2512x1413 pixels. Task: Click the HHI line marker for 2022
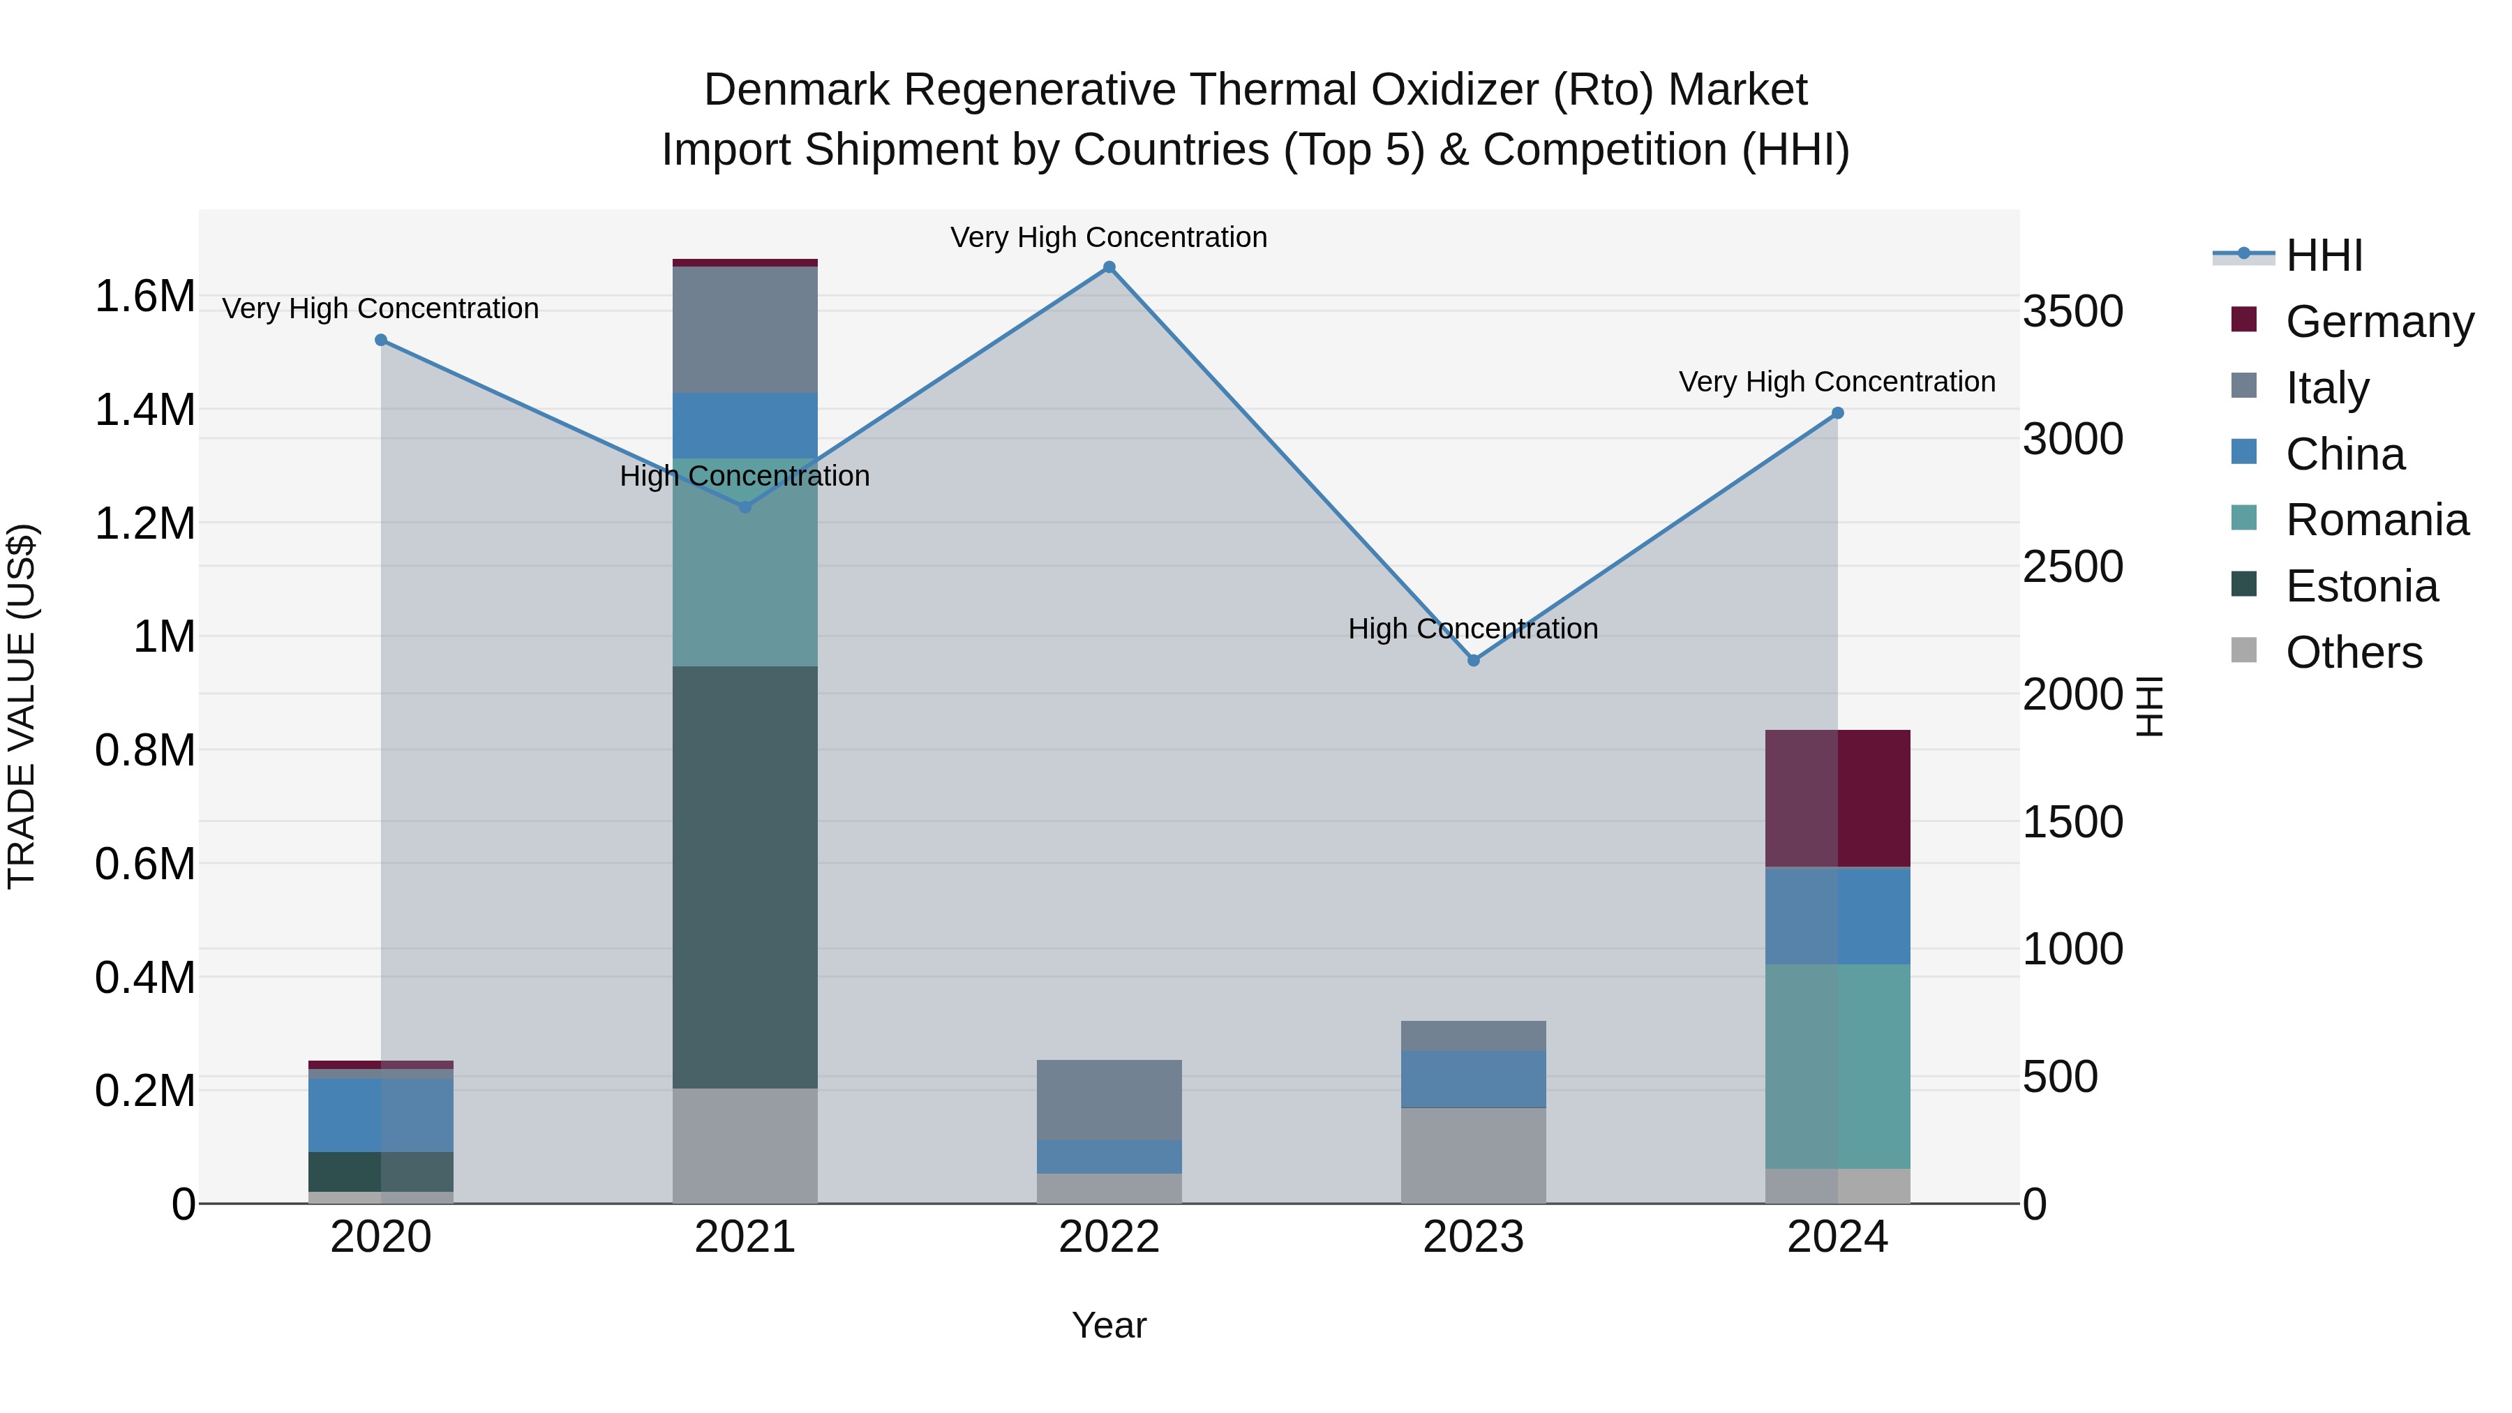click(x=1109, y=267)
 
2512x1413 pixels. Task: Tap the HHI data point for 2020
click(x=381, y=341)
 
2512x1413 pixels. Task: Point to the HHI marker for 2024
click(x=1837, y=414)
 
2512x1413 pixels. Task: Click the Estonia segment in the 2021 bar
click(x=745, y=878)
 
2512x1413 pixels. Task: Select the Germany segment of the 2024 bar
click(x=1837, y=798)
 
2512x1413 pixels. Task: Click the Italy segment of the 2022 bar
click(x=1109, y=1100)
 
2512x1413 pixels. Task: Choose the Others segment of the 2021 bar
click(x=745, y=1146)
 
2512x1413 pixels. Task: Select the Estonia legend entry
click(x=2361, y=586)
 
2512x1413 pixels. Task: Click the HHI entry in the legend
click(x=2323, y=255)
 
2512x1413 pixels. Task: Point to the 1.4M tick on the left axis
click(x=144, y=410)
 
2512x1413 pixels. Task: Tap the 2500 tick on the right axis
click(x=2072, y=567)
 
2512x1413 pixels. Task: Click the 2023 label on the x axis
click(x=1472, y=1236)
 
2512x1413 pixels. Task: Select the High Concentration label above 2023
click(x=1472, y=629)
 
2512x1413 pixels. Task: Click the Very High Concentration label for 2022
click(x=1109, y=237)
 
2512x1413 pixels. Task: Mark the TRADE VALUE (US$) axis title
click(x=22, y=706)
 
